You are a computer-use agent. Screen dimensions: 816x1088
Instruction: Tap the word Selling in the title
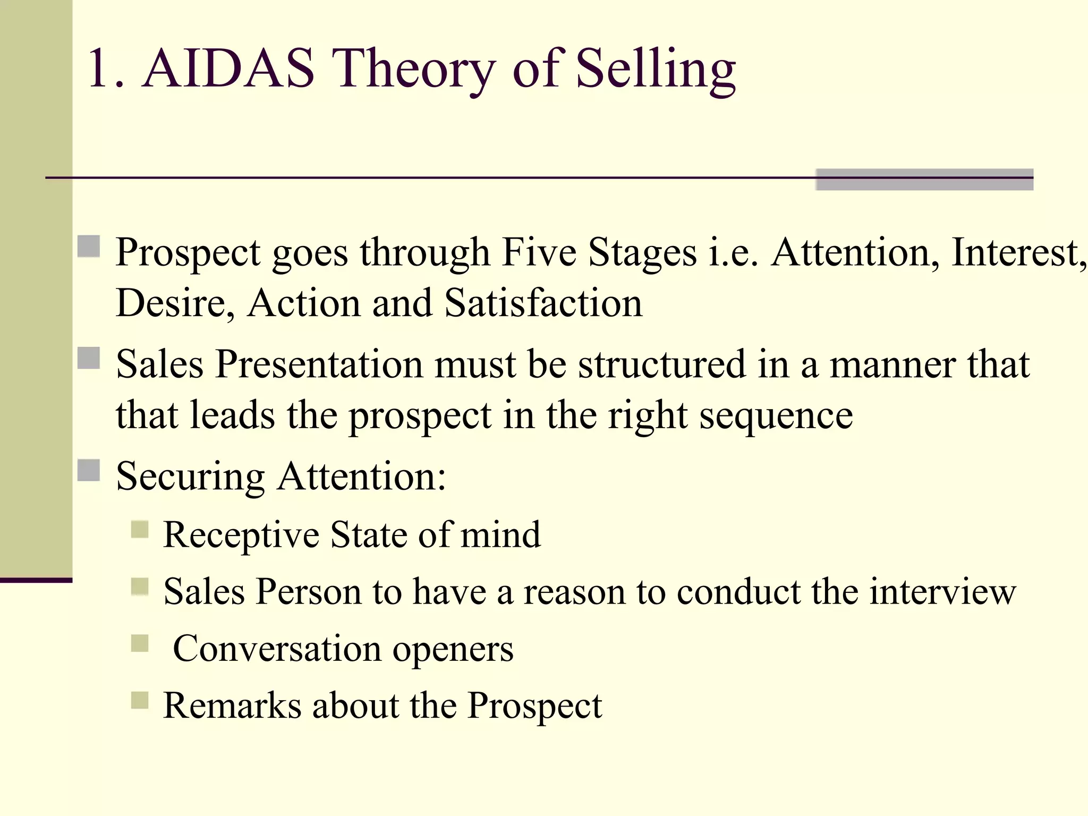pyautogui.click(x=656, y=69)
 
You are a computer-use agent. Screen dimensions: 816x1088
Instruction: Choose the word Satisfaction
pyautogui.click(x=543, y=303)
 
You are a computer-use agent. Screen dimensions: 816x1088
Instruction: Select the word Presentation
pyautogui.click(x=319, y=364)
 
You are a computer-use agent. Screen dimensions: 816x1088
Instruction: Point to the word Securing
pyautogui.click(x=190, y=476)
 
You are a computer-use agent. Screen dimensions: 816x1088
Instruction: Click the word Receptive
pyautogui.click(x=241, y=534)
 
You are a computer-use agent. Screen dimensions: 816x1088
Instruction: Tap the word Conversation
pyautogui.click(x=277, y=649)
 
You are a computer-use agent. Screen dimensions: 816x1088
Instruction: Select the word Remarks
pyautogui.click(x=232, y=705)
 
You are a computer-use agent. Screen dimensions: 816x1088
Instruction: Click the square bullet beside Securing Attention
pyautogui.click(x=89, y=470)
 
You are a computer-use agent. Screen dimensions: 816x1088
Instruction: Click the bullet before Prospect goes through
pyautogui.click(x=89, y=246)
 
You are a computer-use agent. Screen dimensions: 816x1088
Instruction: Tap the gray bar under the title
pyautogui.click(x=924, y=180)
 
